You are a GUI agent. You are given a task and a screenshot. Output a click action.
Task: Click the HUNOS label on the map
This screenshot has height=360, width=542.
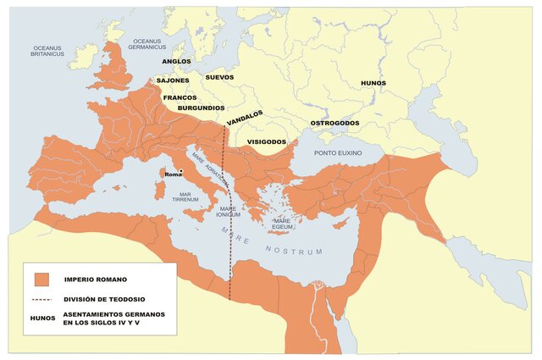373,83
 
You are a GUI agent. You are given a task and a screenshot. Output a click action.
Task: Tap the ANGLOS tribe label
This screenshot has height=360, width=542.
176,62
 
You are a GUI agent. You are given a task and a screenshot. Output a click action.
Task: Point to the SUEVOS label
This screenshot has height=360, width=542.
219,77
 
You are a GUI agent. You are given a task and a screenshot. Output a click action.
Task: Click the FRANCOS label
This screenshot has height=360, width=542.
180,97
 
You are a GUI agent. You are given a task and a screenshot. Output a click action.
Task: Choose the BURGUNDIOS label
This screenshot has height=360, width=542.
201,108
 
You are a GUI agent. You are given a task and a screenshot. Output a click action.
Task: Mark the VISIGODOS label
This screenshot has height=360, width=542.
266,141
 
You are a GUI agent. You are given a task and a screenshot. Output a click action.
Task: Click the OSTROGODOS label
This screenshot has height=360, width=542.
335,123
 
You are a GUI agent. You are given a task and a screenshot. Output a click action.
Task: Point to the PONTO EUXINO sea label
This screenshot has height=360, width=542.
338,152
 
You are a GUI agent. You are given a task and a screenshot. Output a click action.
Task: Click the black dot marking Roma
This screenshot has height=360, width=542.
180,172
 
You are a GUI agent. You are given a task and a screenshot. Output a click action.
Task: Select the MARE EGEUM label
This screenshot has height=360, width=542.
282,224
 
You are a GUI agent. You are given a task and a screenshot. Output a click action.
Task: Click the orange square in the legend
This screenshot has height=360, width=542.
43,279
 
